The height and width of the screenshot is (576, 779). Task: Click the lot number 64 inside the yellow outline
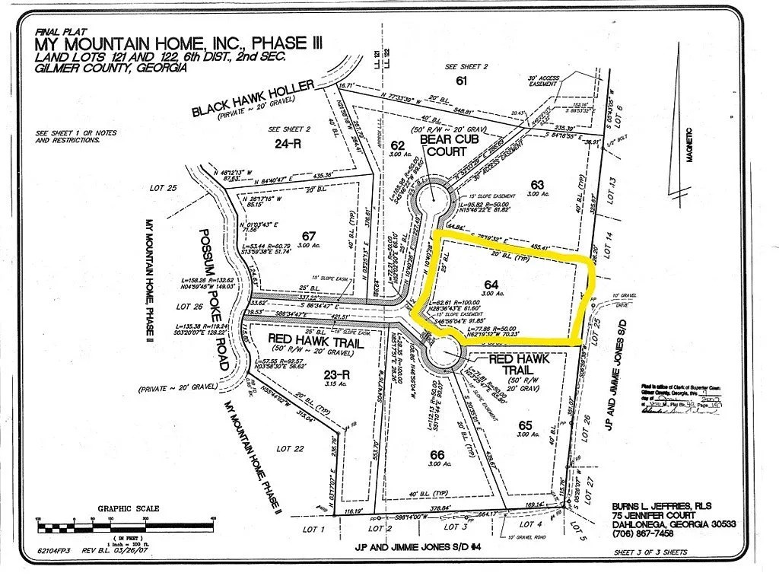coord(491,285)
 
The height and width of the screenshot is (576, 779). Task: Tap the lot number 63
coord(538,185)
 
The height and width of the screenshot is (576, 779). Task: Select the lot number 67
coord(308,235)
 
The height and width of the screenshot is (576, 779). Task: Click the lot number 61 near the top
coord(460,80)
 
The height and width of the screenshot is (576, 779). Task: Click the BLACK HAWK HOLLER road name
coord(253,100)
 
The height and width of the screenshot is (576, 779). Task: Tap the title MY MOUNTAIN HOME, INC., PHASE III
coord(178,43)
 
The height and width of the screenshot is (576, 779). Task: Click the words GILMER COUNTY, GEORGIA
coord(111,68)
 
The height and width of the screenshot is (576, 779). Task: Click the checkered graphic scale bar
coord(126,525)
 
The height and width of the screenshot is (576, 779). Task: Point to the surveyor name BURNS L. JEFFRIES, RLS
coord(661,505)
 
